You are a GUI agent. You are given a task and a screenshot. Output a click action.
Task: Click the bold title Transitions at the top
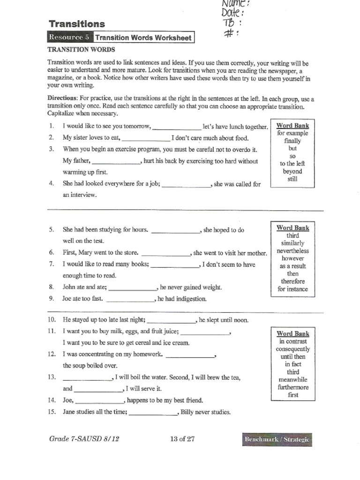[77, 24]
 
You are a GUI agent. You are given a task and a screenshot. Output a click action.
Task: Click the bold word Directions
[62, 99]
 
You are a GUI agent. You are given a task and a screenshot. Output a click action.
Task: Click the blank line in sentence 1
[177, 127]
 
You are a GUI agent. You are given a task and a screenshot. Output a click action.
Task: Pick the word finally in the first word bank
[292, 141]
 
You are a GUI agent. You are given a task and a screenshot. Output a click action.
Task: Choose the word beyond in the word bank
[292, 171]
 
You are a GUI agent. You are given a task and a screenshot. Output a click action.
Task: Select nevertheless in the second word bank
[292, 251]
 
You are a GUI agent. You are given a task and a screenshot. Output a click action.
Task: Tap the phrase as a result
[292, 266]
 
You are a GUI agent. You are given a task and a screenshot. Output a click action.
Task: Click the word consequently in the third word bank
[292, 349]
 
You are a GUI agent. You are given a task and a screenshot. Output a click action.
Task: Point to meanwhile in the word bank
[292, 380]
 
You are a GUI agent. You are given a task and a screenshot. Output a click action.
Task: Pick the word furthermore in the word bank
[292, 387]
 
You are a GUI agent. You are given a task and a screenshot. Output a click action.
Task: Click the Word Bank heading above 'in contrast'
[292, 334]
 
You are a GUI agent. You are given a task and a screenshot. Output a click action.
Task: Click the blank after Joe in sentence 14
[99, 401]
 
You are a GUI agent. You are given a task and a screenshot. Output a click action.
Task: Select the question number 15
[52, 412]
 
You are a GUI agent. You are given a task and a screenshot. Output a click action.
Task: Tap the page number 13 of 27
[182, 439]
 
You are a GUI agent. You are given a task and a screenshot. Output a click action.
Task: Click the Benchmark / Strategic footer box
[277, 439]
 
